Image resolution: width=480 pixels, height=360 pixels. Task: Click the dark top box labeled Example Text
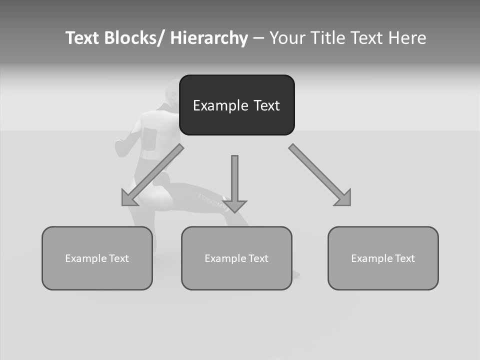tap(236, 105)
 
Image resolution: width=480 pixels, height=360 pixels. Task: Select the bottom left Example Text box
tap(97, 258)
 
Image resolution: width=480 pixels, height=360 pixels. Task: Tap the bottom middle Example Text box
tap(236, 258)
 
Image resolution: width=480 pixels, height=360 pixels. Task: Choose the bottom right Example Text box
tap(383, 258)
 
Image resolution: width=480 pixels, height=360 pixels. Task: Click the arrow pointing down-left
tap(152, 175)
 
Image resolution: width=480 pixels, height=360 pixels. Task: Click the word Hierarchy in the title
tap(208, 38)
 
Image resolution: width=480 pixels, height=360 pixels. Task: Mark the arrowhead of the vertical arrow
tap(234, 205)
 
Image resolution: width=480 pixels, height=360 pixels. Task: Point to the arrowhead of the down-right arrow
tap(343, 198)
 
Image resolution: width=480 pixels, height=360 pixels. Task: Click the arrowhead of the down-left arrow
tap(129, 198)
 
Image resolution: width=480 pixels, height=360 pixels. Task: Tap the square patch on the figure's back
tap(149, 138)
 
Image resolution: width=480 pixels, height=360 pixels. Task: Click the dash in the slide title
tap(258, 38)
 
